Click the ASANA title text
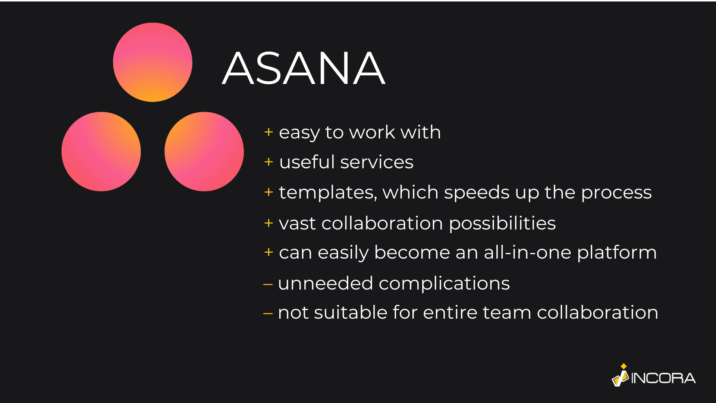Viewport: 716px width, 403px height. [304, 68]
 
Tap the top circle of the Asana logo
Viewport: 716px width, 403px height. [153, 62]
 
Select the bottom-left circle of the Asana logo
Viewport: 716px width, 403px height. [101, 151]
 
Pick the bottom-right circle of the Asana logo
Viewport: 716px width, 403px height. [204, 151]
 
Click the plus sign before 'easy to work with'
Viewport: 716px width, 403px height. [268, 132]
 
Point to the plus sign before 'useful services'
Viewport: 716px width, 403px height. [268, 162]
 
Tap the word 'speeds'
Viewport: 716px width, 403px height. [477, 193]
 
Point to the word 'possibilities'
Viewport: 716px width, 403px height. [502, 224]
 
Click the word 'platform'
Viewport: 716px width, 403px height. [617, 253]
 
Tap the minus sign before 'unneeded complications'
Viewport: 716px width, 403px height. [268, 284]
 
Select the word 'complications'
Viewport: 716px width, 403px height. [444, 284]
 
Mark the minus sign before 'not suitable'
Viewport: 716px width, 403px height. [268, 313]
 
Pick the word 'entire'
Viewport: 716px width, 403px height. [450, 313]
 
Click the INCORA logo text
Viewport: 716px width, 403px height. [663, 378]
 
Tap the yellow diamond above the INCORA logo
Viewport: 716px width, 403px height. [624, 366]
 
